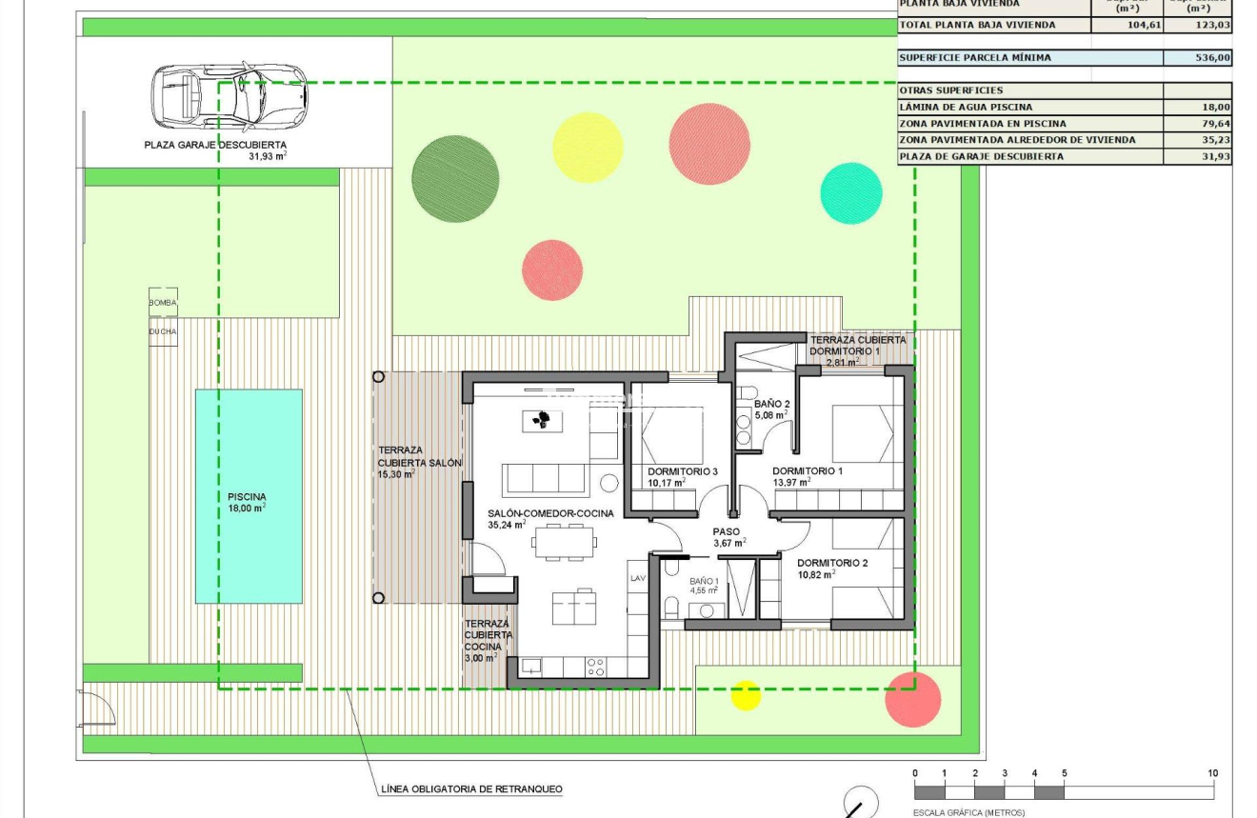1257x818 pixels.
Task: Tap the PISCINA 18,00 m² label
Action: [x=247, y=502]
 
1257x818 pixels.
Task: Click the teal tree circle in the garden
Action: [x=851, y=193]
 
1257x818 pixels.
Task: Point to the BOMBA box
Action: [x=163, y=303]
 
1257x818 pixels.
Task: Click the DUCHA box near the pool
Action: [x=163, y=331]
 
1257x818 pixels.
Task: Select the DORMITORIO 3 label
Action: [x=682, y=471]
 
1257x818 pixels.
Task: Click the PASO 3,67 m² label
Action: [x=728, y=537]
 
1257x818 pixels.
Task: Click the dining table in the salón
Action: [x=565, y=544]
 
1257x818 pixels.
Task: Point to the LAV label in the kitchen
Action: [x=637, y=578]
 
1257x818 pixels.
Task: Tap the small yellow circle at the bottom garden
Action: [x=746, y=695]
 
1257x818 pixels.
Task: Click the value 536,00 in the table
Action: [x=1212, y=58]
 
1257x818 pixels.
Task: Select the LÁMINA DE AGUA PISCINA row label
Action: [x=966, y=108]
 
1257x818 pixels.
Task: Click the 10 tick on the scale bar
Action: [x=1212, y=773]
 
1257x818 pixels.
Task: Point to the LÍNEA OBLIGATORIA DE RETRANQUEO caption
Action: [x=471, y=788]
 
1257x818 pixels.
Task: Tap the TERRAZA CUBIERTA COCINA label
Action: [x=488, y=640]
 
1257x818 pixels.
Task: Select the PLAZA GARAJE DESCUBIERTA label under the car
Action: [x=215, y=146]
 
